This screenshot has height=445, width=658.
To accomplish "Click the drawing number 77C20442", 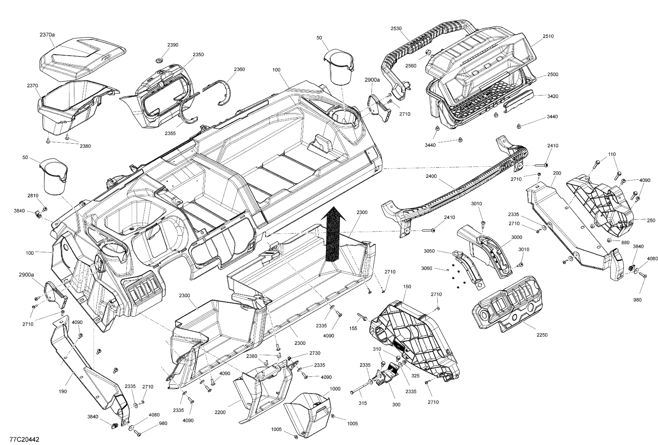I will click(x=24, y=440).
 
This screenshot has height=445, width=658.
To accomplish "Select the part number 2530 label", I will click(x=396, y=28).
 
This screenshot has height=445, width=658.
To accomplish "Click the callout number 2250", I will click(x=542, y=335).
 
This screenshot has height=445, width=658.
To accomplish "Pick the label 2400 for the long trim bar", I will click(x=431, y=176).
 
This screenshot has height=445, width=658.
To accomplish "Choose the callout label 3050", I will click(x=429, y=251).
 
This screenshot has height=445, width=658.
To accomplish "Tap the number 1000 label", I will click(x=335, y=389).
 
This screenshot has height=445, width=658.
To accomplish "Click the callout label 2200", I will click(x=220, y=412).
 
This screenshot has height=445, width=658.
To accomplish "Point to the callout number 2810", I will click(x=33, y=196).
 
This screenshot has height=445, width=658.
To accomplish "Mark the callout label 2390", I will click(x=173, y=45).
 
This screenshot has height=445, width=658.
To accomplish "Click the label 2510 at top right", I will click(x=548, y=36).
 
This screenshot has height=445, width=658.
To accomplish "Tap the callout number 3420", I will click(x=553, y=96).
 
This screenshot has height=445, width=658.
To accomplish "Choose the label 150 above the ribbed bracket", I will click(x=407, y=287).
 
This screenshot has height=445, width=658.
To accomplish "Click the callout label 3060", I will click(x=427, y=268).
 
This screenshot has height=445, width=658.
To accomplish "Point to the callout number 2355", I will click(x=170, y=133).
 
